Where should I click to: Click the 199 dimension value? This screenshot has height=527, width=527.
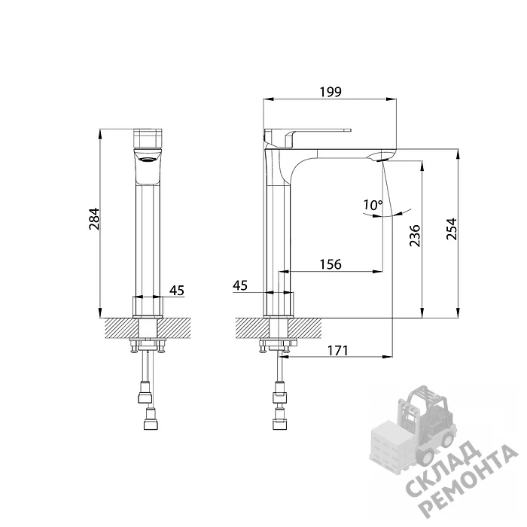(331, 92)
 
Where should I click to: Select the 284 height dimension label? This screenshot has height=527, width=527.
(94, 219)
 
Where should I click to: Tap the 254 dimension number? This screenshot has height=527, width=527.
(452, 229)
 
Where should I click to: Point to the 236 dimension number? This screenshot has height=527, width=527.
(415, 236)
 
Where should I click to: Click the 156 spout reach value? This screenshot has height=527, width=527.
(331, 264)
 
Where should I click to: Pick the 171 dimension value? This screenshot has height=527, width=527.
(337, 351)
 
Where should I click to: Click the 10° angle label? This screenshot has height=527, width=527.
(373, 205)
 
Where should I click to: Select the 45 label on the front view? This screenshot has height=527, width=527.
(177, 290)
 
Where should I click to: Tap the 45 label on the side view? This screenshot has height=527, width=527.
(240, 285)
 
